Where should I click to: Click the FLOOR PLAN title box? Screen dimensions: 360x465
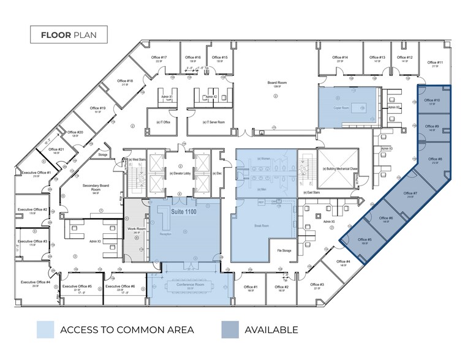[x=69, y=35]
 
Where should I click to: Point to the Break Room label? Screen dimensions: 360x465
[x=262, y=225]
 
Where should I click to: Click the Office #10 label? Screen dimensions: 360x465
[x=432, y=100]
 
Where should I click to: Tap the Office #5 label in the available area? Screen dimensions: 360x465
[x=365, y=240]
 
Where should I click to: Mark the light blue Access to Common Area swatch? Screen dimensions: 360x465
[x=44, y=329]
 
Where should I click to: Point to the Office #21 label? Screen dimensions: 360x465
[x=56, y=149]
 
